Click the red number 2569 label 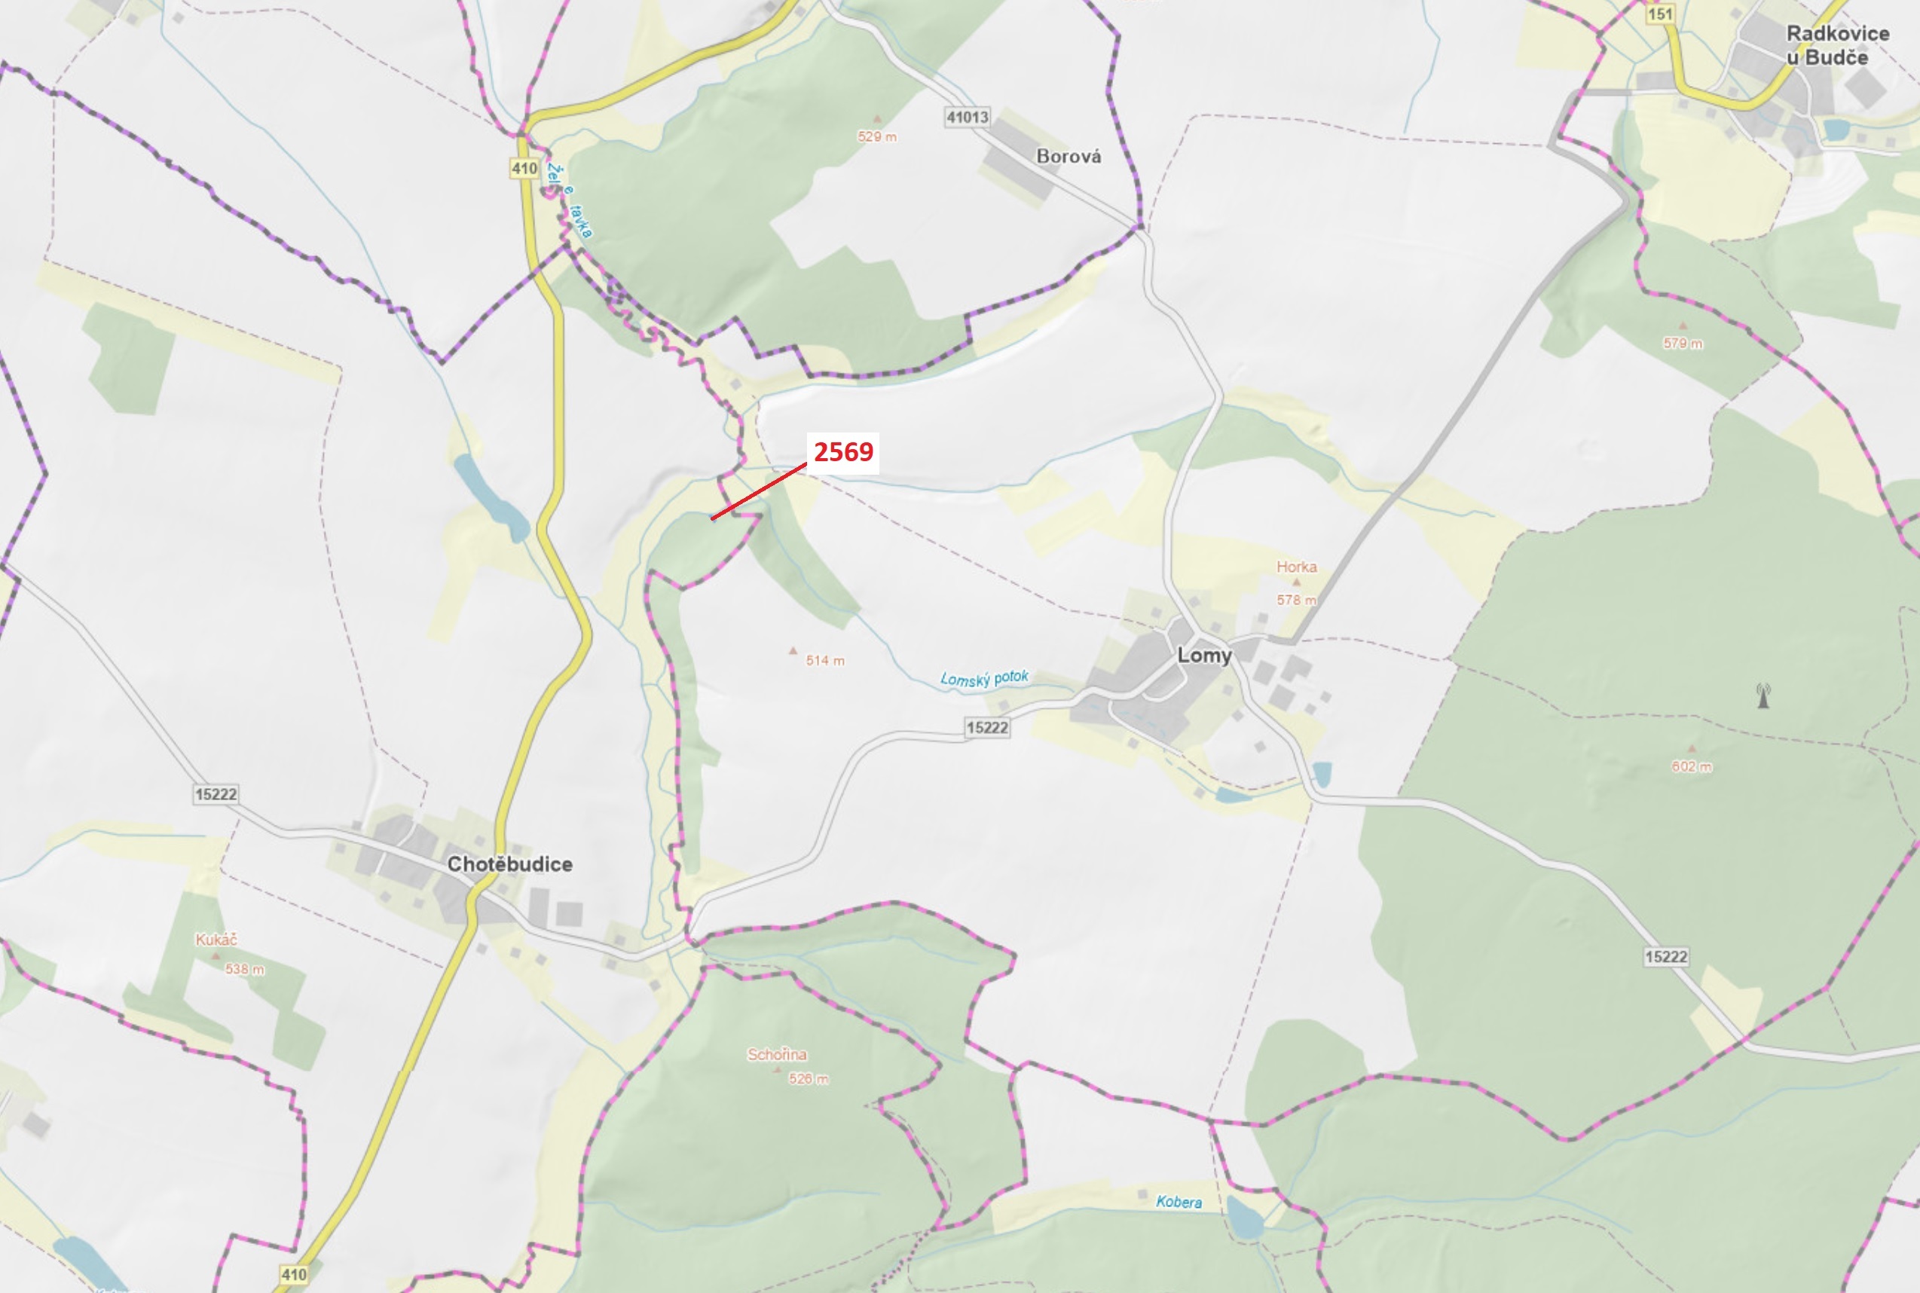point(843,452)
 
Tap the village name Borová point(1068,156)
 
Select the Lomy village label point(1204,656)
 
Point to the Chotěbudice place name point(509,864)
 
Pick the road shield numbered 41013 point(967,117)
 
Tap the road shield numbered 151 point(1659,14)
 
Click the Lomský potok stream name point(984,678)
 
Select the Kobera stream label point(1179,1202)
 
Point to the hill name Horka point(1297,567)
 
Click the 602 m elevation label point(1692,766)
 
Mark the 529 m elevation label point(876,136)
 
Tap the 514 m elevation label point(825,661)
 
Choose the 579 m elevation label point(1683,343)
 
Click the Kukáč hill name point(216,940)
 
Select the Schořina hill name point(777,1054)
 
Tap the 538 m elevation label point(245,969)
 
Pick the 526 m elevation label point(809,1078)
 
